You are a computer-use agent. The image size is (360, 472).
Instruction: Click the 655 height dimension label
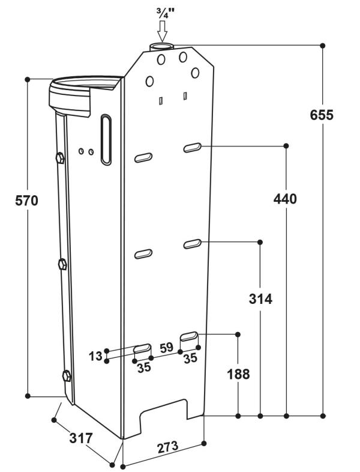322,115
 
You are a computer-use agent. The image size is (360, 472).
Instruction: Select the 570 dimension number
27,201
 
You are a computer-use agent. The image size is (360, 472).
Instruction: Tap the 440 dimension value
285,199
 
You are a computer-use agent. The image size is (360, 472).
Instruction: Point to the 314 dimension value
260,299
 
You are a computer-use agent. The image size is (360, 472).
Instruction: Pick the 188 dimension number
238,374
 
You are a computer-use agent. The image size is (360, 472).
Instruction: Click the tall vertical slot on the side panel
106,139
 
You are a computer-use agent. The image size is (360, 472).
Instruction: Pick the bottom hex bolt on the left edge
67,376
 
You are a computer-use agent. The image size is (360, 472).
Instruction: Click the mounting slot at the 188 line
189,335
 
